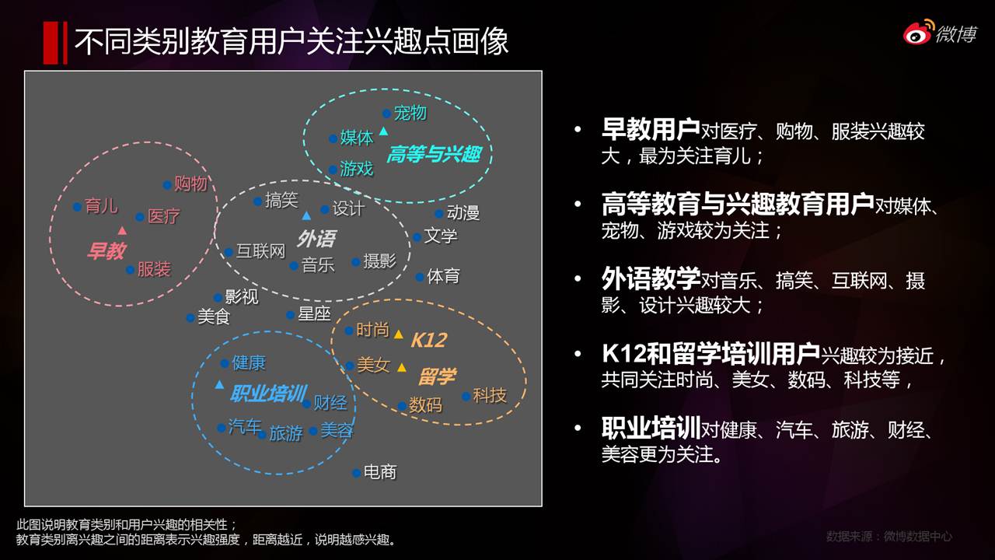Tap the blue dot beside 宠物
pyautogui.click(x=386, y=114)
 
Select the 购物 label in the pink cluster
pyautogui.click(x=191, y=184)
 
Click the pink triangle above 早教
pyautogui.click(x=122, y=230)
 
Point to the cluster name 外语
pyautogui.click(x=316, y=239)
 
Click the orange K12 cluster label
pyautogui.click(x=428, y=341)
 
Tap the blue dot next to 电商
pyautogui.click(x=356, y=474)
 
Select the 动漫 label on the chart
pyautogui.click(x=463, y=213)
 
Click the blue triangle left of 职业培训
pyautogui.click(x=219, y=384)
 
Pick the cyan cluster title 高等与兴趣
pyautogui.click(x=434, y=154)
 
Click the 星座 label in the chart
pyautogui.click(x=315, y=313)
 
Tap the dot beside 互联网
pyautogui.click(x=229, y=253)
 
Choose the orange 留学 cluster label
pyautogui.click(x=437, y=376)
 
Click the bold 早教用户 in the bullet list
pyautogui.click(x=651, y=129)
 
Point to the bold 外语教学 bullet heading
pyautogui.click(x=651, y=278)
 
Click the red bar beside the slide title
pyautogui.click(x=55, y=43)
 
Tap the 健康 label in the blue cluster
pyautogui.click(x=249, y=362)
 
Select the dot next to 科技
pyautogui.click(x=466, y=397)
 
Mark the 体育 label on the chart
pyautogui.click(x=443, y=276)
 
